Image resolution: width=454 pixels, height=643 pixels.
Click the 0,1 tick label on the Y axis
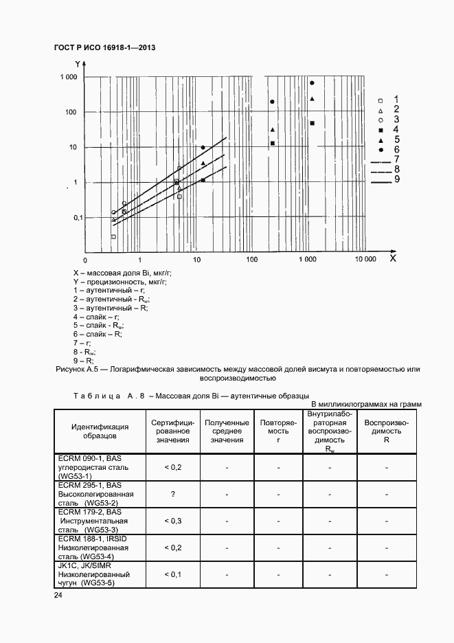point(70,217)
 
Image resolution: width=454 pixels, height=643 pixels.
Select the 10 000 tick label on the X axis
point(365,260)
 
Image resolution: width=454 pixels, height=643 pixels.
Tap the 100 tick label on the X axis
point(251,260)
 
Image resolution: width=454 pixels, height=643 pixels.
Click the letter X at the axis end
point(392,259)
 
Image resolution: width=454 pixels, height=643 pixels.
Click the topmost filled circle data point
point(312,83)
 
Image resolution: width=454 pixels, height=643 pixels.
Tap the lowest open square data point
point(113,237)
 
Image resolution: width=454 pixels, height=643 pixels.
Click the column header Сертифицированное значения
point(172,431)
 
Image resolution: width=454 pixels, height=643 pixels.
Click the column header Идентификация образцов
point(99,431)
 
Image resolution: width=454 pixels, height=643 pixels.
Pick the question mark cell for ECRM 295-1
point(172,494)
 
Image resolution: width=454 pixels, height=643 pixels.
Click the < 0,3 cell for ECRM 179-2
point(172,521)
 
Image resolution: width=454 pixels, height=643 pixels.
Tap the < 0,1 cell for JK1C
point(172,574)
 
